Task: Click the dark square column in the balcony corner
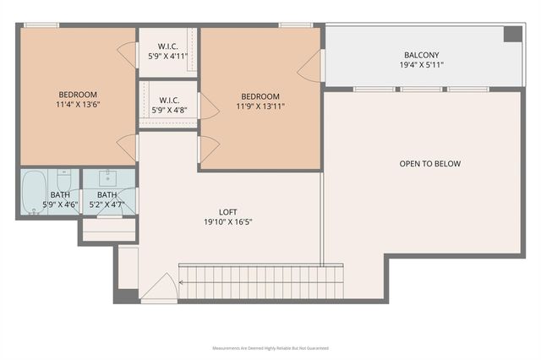pyautogui.click(x=512, y=34)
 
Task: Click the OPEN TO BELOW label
pyautogui.click(x=430, y=164)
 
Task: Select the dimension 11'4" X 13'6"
pyautogui.click(x=78, y=105)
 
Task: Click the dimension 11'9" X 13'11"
pyautogui.click(x=260, y=107)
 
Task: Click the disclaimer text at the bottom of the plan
pyautogui.click(x=270, y=347)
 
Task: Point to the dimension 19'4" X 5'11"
pyautogui.click(x=421, y=65)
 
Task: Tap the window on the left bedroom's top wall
pyautogui.click(x=41, y=25)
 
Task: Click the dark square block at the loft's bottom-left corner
pyautogui.click(x=127, y=295)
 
